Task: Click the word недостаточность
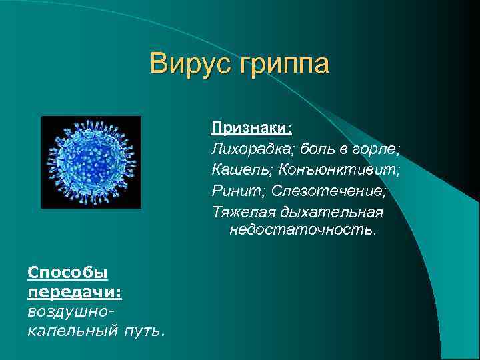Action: click(303, 231)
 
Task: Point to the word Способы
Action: click(67, 273)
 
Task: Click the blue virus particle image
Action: click(91, 162)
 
